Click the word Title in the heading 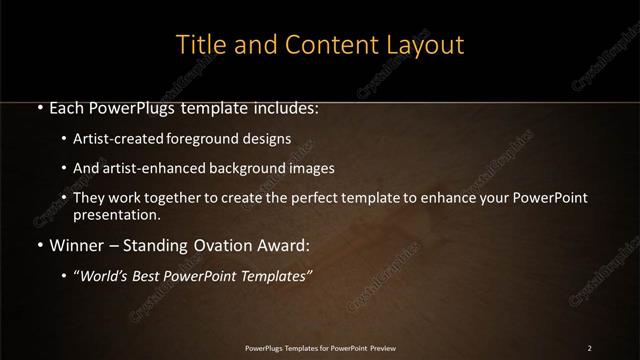click(200, 45)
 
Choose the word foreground click(213, 139)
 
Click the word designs click(269, 139)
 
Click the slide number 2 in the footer click(590, 348)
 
